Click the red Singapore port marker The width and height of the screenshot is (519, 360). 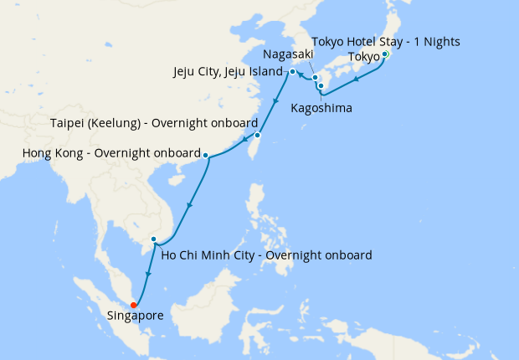coord(134,305)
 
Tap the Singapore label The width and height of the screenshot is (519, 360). coord(135,316)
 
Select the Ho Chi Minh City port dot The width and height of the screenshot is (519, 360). coord(153,240)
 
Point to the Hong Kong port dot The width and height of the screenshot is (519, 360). coord(206,154)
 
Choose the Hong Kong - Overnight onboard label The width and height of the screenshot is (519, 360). coord(111,154)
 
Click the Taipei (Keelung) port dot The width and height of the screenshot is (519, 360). coord(258,135)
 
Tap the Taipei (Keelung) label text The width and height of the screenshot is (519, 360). coord(153,122)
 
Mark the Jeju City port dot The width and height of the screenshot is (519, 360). coord(292,72)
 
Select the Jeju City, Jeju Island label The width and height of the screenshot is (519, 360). coord(229,71)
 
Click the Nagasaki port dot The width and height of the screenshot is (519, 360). coord(316,79)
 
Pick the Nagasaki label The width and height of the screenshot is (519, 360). coord(288,54)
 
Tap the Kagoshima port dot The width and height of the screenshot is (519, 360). coord(321,85)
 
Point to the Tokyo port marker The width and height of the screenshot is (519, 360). coord(384,55)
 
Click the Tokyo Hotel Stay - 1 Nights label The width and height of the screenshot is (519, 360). coord(386,41)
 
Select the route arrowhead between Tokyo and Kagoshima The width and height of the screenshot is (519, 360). coord(357,80)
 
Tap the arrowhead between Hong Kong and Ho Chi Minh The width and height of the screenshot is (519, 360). coord(191,205)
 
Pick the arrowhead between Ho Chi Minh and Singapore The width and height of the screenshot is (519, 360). coord(148,274)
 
